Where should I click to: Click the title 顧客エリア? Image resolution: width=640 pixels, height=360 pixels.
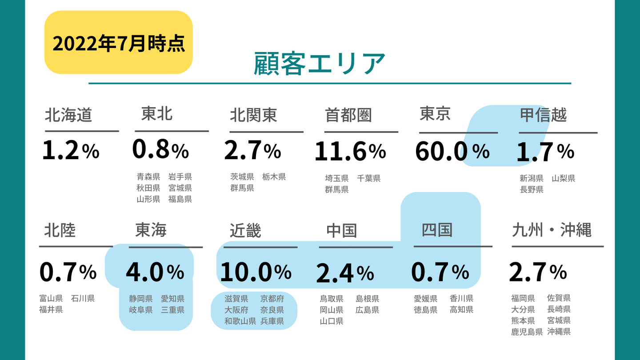[x=319, y=64]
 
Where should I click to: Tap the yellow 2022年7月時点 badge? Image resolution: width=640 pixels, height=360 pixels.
[x=118, y=43]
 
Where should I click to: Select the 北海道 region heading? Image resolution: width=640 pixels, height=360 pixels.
[x=68, y=115]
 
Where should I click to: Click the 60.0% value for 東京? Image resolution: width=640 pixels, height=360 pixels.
[x=452, y=152]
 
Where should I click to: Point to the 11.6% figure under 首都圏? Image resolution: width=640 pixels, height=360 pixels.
[x=350, y=152]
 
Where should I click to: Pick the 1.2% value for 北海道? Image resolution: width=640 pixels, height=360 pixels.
[x=71, y=151]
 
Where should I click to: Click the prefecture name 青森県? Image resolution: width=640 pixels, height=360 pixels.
[x=148, y=177]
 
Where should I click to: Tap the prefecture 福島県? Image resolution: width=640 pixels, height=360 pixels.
[x=180, y=199]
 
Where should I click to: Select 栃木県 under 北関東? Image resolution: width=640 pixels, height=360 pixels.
[x=274, y=177]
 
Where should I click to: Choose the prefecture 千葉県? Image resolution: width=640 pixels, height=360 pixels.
[x=368, y=179]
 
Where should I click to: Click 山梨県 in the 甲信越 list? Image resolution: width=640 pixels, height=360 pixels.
[x=564, y=179]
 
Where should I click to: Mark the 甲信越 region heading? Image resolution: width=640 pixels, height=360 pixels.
[x=543, y=115]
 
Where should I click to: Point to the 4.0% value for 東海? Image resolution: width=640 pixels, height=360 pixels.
[x=155, y=272]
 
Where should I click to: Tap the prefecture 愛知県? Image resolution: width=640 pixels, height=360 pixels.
[x=172, y=299]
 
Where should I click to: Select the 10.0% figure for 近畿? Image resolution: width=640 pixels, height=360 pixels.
[x=256, y=272]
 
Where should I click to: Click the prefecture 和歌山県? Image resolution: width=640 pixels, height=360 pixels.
[x=240, y=321]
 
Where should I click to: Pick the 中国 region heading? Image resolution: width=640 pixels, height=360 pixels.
[x=341, y=230]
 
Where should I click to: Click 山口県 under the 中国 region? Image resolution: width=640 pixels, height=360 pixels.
[x=332, y=321]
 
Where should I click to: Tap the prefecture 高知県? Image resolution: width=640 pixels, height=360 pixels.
[x=461, y=310]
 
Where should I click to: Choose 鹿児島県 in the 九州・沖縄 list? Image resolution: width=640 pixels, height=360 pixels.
[x=527, y=332]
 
